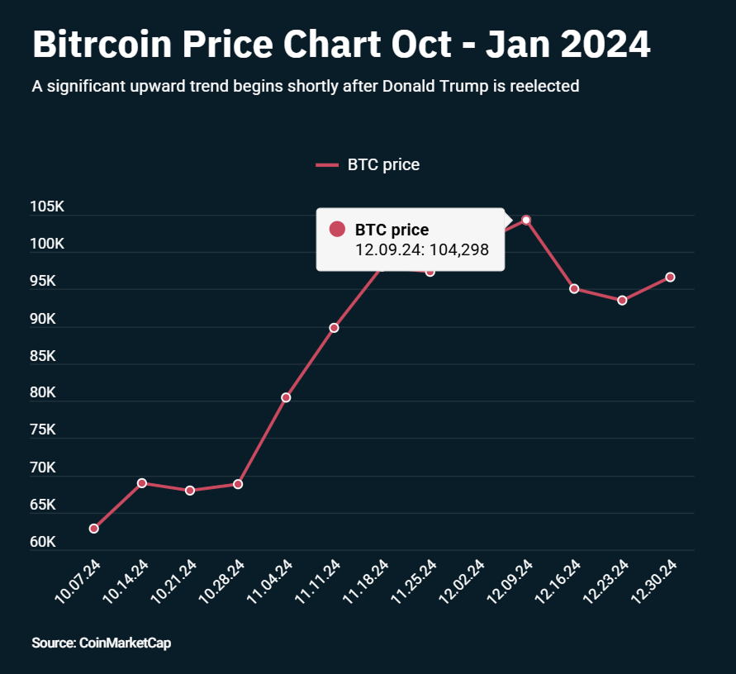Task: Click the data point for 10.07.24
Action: (x=94, y=528)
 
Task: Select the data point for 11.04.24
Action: (x=286, y=397)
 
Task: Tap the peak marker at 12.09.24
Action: (x=526, y=220)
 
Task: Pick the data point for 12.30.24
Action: (x=670, y=277)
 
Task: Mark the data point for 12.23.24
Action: (x=622, y=300)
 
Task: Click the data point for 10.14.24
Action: (x=142, y=483)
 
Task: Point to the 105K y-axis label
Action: (x=47, y=206)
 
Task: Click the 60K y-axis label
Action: (x=42, y=543)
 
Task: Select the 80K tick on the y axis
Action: (x=42, y=393)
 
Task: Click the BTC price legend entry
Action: (x=368, y=164)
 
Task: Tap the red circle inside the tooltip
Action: (x=337, y=230)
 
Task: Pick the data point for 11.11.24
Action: (x=334, y=328)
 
